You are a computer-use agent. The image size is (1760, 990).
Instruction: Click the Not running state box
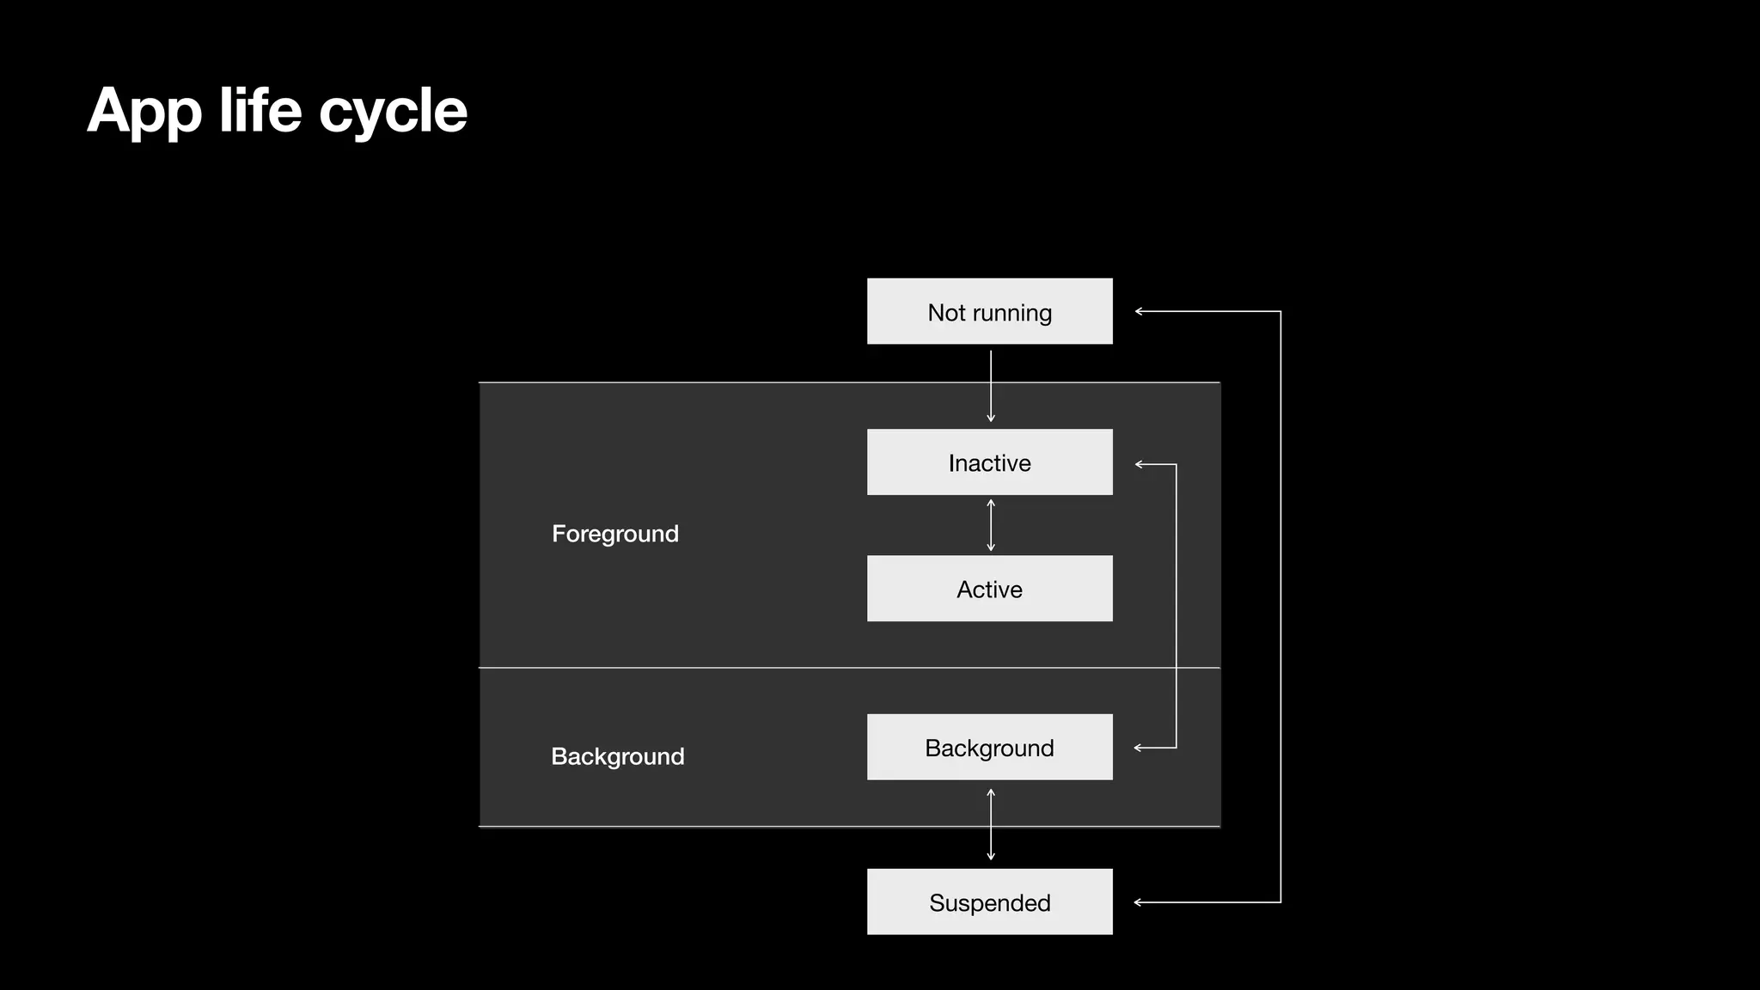(x=989, y=311)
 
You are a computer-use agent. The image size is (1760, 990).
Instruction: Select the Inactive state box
(x=989, y=462)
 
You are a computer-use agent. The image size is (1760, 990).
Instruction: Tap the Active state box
(x=989, y=589)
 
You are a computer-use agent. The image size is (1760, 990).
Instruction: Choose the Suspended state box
(x=989, y=901)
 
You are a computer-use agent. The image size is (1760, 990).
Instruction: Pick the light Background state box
(x=989, y=747)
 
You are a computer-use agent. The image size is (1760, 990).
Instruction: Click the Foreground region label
(x=614, y=534)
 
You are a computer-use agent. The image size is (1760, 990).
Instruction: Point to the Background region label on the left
(x=617, y=756)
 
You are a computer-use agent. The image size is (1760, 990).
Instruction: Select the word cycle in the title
(x=393, y=112)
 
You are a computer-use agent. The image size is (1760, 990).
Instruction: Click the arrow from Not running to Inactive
(x=991, y=386)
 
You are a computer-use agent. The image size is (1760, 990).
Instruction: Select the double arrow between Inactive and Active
(x=991, y=525)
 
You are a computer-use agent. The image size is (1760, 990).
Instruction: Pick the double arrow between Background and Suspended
(x=991, y=824)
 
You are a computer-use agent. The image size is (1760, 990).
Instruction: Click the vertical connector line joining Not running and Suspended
(x=1280, y=607)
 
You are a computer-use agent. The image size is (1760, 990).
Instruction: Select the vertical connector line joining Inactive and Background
(x=1176, y=606)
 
